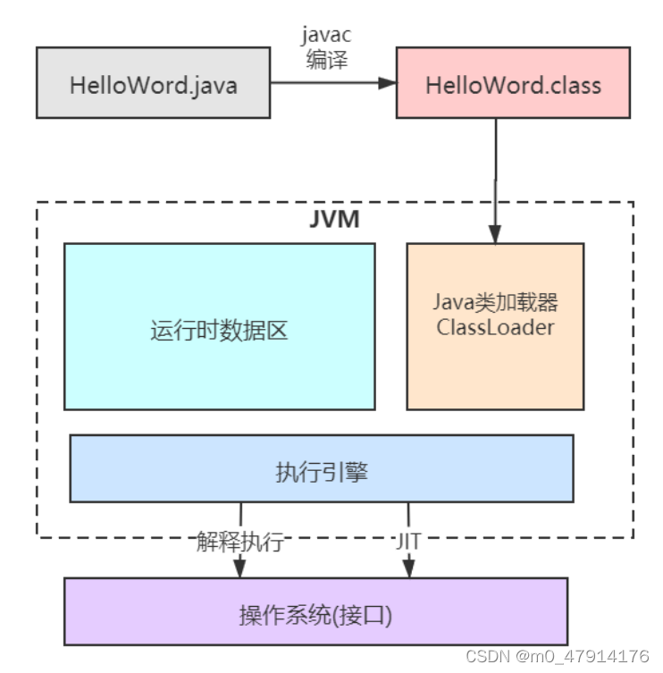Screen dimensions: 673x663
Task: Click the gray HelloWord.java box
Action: point(153,83)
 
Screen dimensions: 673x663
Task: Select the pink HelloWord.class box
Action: point(513,83)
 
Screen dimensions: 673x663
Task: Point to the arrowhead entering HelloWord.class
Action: point(387,83)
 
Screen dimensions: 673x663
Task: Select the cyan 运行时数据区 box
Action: point(219,326)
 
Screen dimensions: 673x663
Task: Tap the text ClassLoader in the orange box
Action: point(495,326)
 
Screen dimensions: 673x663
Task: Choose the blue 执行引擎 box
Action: point(322,468)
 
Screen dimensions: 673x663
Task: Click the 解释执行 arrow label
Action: point(240,542)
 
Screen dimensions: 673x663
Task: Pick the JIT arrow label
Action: point(408,542)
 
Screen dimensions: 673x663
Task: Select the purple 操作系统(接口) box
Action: point(315,610)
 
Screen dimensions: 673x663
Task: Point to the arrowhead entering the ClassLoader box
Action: point(495,233)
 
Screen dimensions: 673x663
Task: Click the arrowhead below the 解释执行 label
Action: point(240,569)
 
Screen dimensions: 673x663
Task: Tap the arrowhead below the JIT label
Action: point(408,569)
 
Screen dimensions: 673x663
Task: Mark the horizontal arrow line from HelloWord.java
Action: point(326,83)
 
